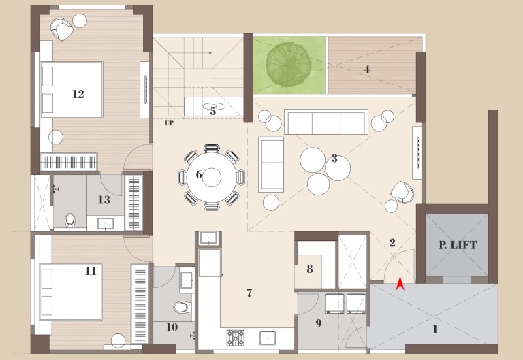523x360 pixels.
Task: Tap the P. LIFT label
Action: [458, 246]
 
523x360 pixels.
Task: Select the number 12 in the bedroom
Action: [78, 94]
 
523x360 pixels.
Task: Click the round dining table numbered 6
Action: [212, 178]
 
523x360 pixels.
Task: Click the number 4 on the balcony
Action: [367, 69]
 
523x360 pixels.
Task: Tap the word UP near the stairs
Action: [169, 123]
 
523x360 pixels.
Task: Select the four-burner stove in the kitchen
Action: [236, 338]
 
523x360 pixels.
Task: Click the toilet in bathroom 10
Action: [183, 307]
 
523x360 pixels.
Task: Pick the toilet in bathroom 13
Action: [70, 220]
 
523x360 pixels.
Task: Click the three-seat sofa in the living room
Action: [326, 122]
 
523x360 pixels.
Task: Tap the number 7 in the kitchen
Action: [249, 293]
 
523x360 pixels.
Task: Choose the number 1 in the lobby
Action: [435, 329]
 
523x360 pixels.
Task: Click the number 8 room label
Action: [310, 269]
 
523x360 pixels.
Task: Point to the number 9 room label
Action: [319, 323]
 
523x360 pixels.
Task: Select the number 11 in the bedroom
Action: [91, 271]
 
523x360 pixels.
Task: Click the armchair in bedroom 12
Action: [62, 29]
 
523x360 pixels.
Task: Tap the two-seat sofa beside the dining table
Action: [271, 164]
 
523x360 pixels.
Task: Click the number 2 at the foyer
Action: [392, 242]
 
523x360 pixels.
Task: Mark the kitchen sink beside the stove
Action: [268, 338]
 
